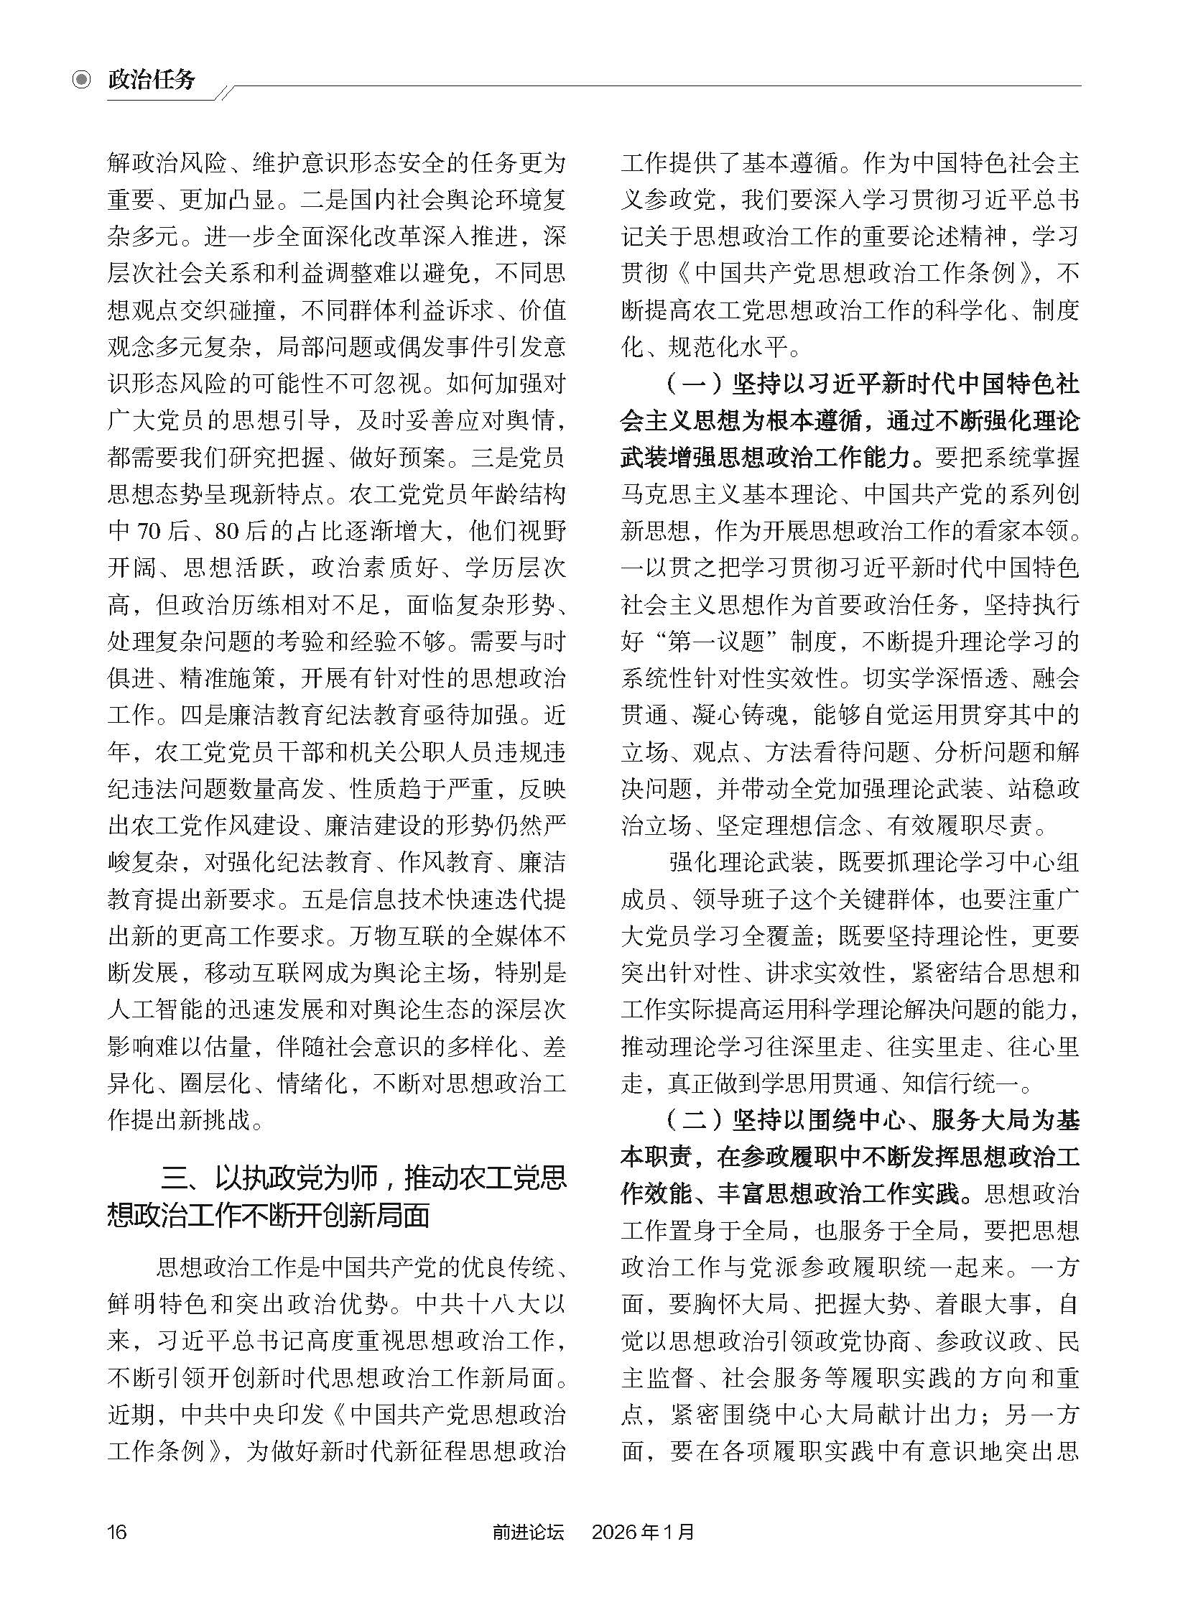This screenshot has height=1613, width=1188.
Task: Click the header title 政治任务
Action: (151, 80)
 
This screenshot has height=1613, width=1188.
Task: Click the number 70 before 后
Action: (147, 532)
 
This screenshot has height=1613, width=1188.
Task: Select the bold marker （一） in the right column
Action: (691, 384)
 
